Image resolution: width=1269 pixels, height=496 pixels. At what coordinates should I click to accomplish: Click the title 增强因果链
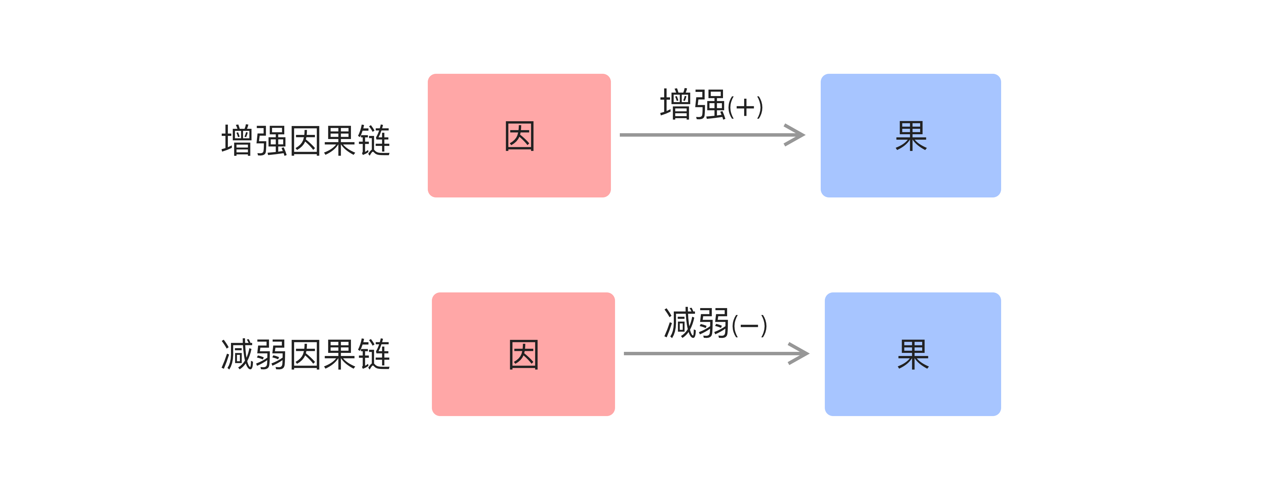(305, 141)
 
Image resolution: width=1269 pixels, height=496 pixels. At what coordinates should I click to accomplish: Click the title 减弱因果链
(305, 355)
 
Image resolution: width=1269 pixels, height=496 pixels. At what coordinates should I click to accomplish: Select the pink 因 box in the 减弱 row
(523, 389)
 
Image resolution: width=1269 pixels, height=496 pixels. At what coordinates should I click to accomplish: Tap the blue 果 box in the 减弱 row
(912, 389)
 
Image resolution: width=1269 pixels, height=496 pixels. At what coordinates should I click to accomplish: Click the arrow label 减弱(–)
(715, 323)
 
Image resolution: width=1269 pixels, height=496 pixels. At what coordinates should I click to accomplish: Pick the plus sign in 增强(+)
(745, 107)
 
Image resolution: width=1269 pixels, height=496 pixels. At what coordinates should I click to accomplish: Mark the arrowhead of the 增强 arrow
(795, 135)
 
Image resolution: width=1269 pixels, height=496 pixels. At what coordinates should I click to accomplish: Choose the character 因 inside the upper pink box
(519, 136)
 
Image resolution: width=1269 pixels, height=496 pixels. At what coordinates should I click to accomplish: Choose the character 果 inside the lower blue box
(913, 355)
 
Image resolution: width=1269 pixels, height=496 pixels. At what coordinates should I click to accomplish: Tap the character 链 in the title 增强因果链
(374, 141)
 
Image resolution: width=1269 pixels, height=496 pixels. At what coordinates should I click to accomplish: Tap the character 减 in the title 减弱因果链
(237, 355)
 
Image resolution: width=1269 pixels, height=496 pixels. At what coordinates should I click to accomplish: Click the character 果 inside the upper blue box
(911, 136)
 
